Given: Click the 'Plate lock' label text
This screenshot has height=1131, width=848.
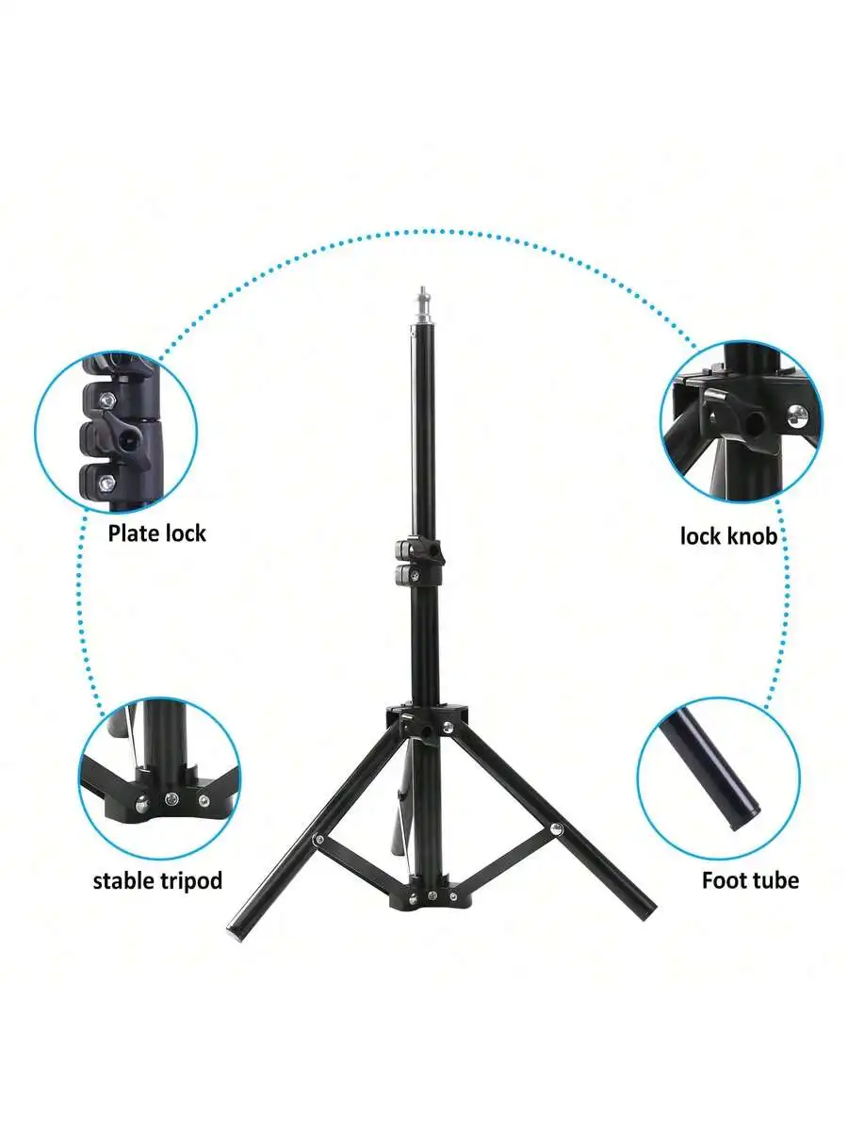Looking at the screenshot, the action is tap(156, 533).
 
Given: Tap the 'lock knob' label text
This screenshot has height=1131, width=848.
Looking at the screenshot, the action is tap(728, 536).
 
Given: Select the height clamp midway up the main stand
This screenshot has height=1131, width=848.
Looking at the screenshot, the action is tap(418, 562).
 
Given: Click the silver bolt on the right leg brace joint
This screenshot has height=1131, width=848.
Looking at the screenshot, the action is tap(556, 829).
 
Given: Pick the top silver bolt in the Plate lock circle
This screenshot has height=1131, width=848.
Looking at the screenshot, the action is tap(107, 399).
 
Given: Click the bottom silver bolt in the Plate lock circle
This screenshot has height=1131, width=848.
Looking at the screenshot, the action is tap(107, 483).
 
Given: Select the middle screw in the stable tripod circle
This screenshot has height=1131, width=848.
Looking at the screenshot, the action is tap(171, 799).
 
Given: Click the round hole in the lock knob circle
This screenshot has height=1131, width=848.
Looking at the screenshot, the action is tap(755, 423).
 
